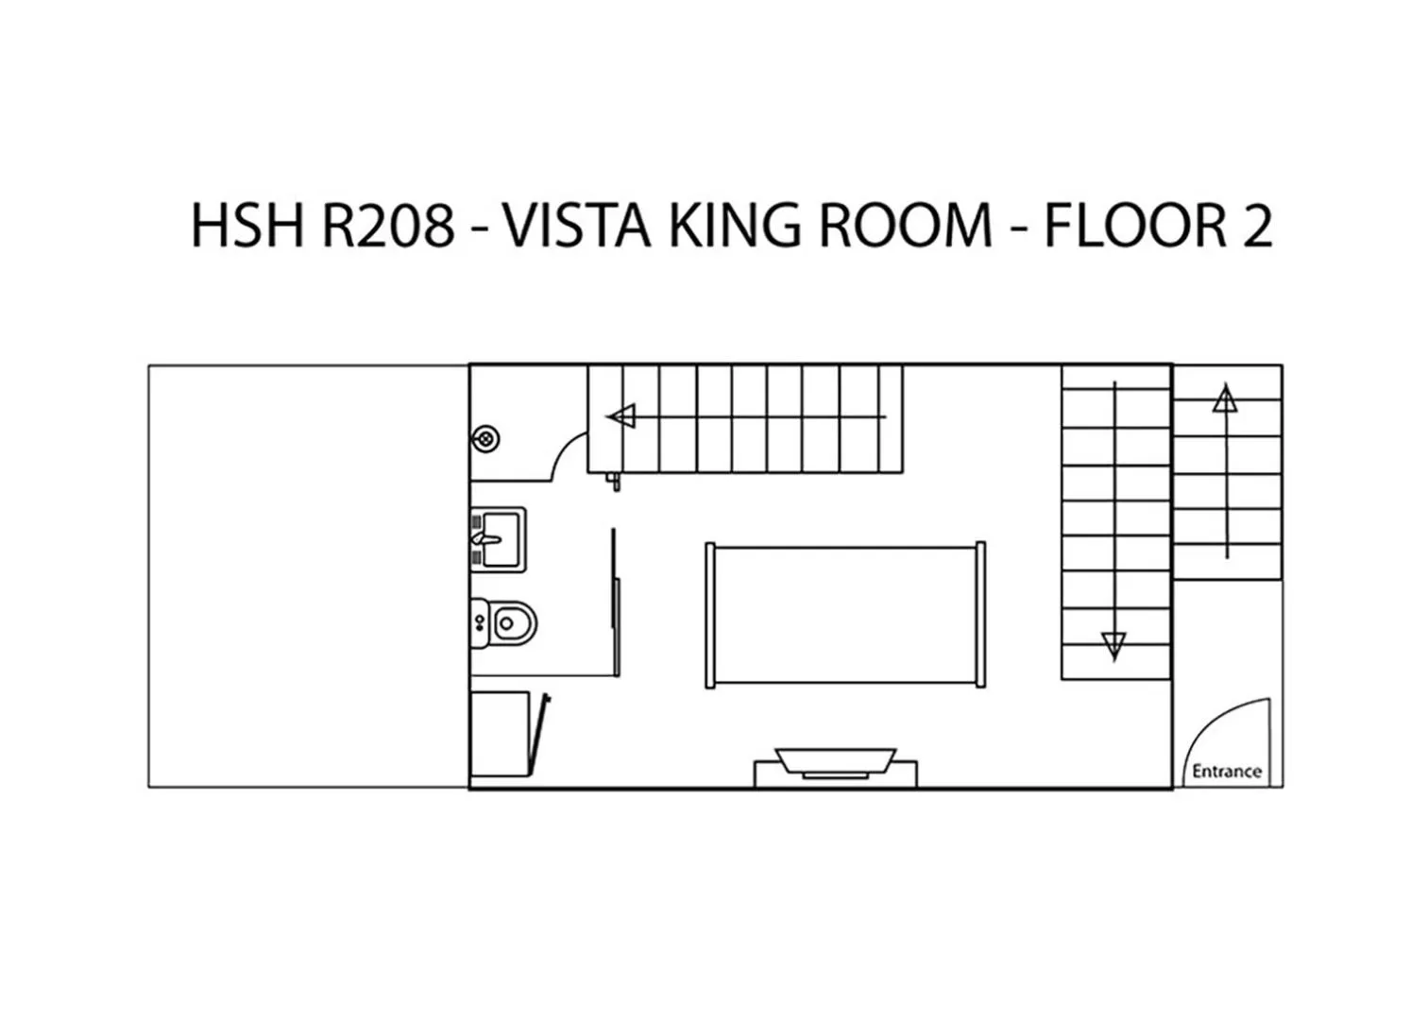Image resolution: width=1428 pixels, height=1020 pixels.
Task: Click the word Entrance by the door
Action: pos(1226,772)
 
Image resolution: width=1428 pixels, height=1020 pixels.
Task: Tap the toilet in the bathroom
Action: pos(508,623)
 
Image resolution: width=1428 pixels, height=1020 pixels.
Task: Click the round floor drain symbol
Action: pos(485,438)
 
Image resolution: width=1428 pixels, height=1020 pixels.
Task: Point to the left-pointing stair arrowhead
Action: pos(621,416)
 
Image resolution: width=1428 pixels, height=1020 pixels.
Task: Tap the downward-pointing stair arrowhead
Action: pos(1114,646)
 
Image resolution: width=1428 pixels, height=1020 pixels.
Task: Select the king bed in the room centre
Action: pos(845,614)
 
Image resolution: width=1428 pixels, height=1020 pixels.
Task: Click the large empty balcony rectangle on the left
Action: pos(309,576)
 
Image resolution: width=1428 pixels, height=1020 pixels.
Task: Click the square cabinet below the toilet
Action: pos(500,734)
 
